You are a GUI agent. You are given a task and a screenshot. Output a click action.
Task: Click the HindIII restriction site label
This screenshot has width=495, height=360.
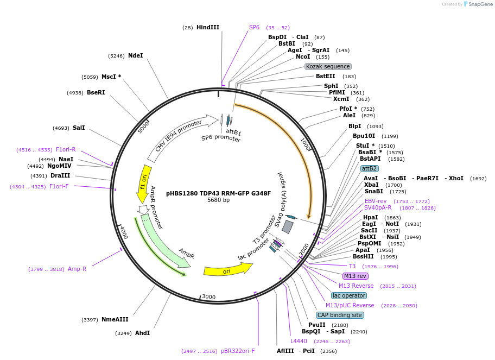tap(208, 27)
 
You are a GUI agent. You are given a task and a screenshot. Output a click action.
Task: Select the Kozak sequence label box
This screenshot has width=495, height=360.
tap(328, 66)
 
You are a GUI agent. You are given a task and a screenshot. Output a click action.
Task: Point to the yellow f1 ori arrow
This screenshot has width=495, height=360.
tap(143, 184)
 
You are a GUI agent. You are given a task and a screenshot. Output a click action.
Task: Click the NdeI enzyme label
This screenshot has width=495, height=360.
tap(135, 55)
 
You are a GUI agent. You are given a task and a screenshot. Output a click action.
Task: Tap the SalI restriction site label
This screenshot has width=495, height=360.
tap(79, 128)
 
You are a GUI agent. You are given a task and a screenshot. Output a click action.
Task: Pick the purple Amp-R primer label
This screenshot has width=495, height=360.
tap(77, 269)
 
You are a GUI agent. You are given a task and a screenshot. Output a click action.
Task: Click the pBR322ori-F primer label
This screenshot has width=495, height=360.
tap(238, 351)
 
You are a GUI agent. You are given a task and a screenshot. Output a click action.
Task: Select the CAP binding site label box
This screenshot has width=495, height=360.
tap(340, 315)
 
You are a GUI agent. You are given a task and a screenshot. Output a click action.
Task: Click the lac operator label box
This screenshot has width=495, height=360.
tap(350, 295)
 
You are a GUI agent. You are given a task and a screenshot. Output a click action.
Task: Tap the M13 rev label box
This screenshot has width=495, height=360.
tap(356, 276)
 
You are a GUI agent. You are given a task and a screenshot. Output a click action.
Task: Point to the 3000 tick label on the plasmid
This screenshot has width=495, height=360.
tap(209, 297)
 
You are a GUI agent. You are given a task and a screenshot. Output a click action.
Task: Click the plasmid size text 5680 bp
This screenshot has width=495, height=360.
tap(218, 200)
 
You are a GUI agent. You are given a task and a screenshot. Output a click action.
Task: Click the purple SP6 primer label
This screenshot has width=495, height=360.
tap(254, 27)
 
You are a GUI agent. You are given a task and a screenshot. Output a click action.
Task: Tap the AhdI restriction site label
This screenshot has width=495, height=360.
tap(142, 333)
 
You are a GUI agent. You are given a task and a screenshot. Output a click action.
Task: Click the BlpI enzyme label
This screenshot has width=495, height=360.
tap(355, 127)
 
